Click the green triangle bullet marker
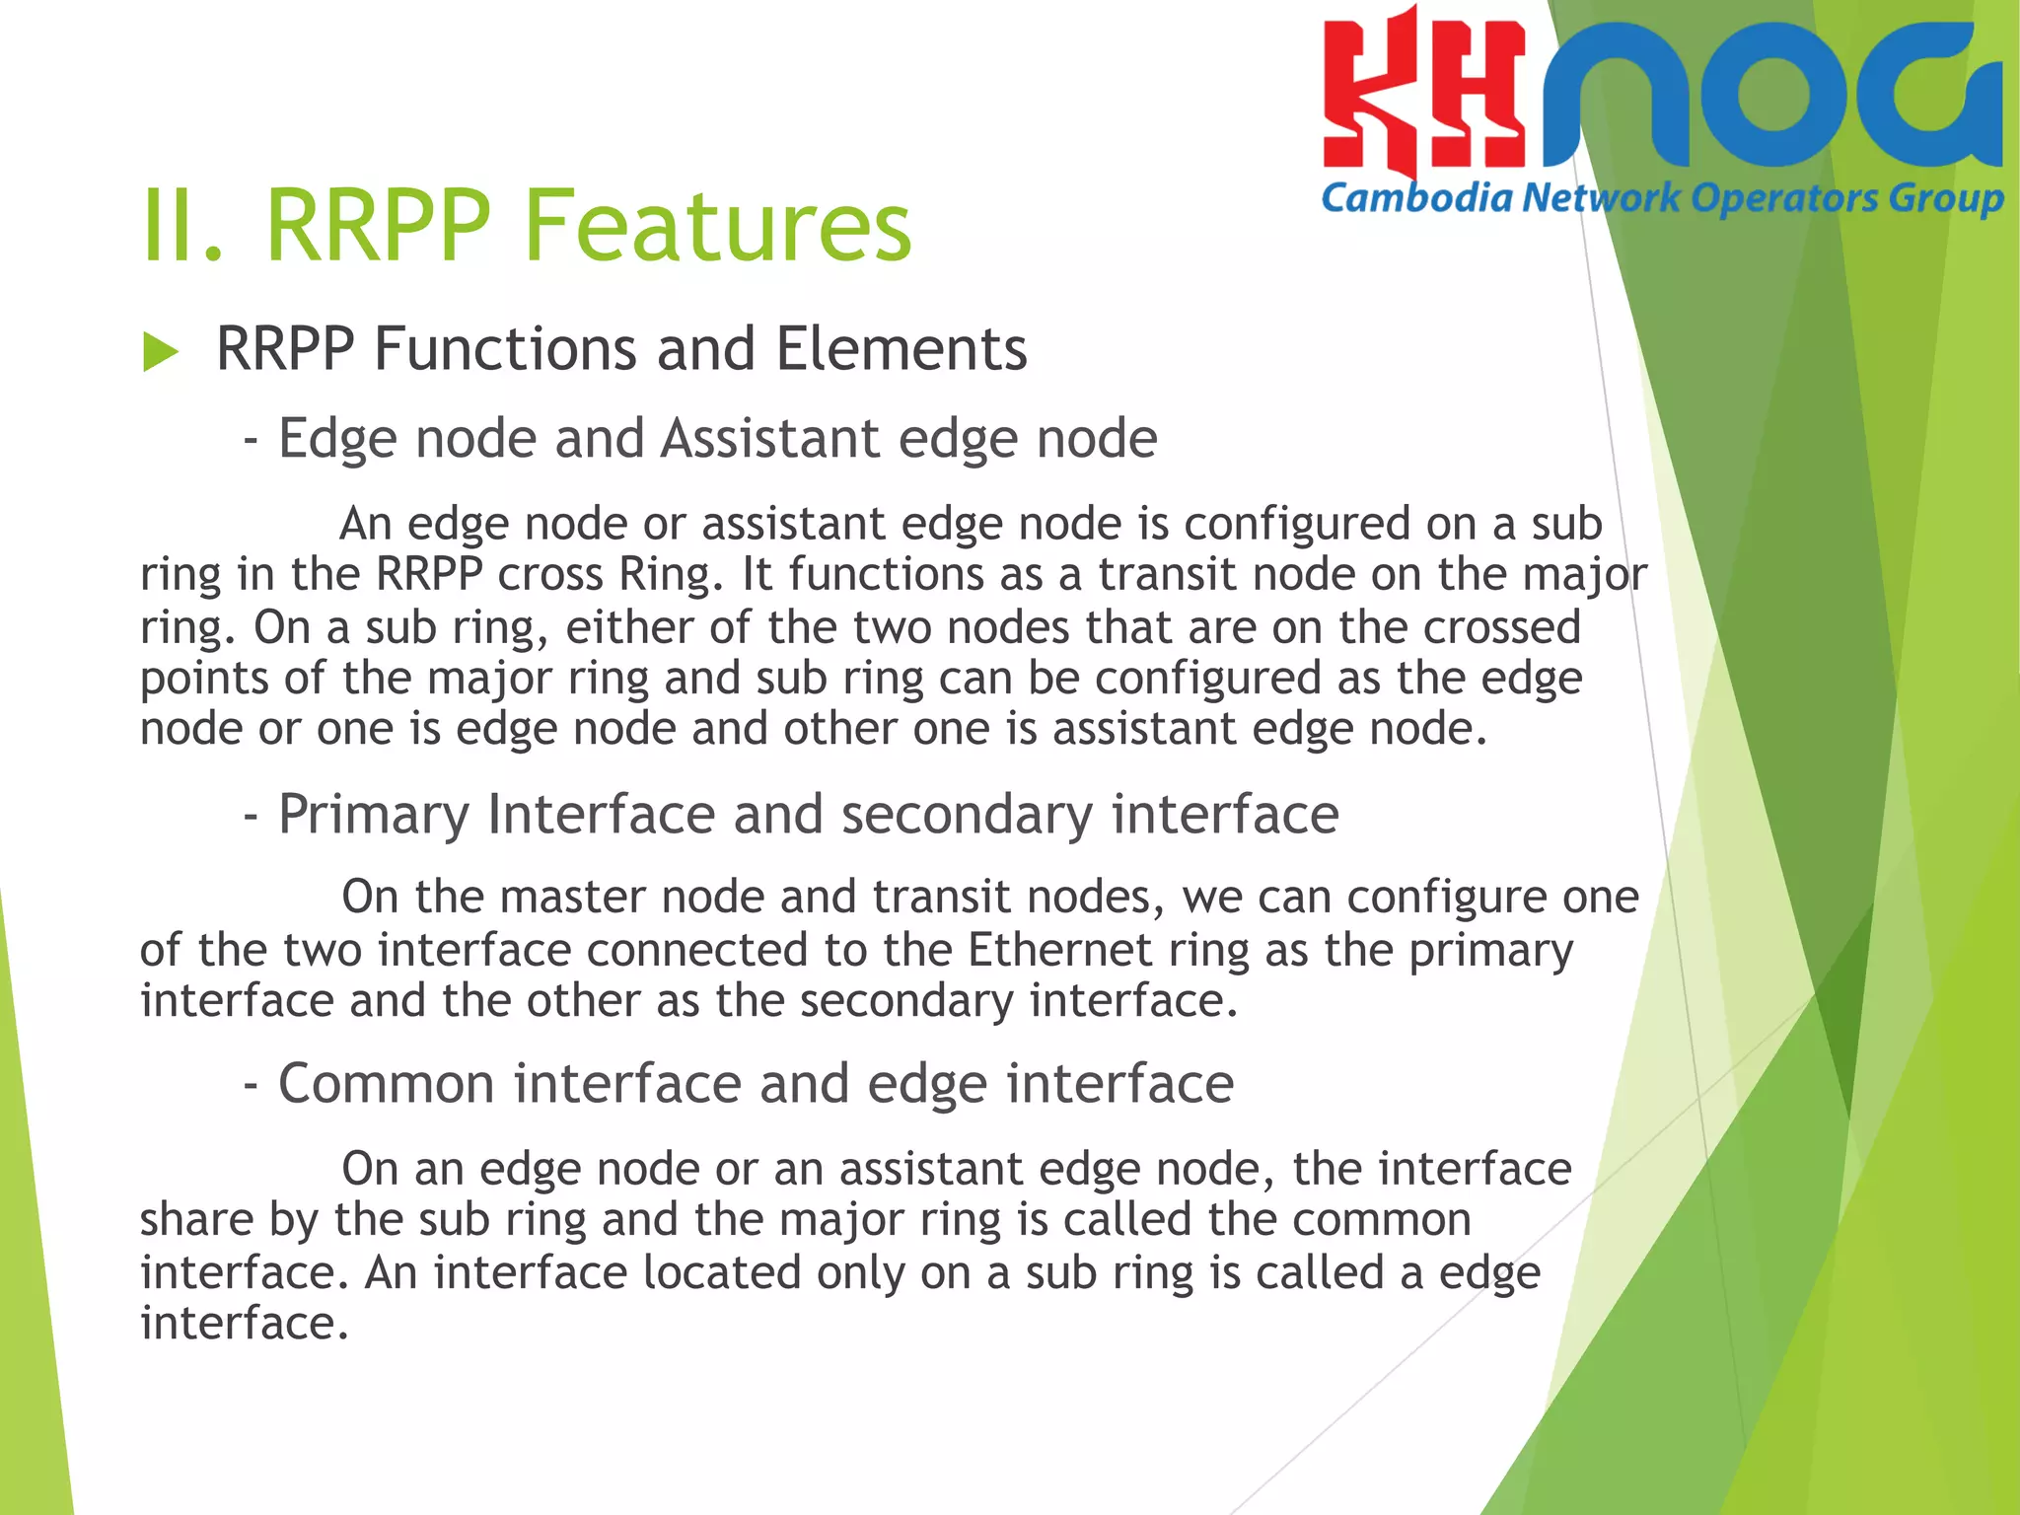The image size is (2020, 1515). click(x=160, y=352)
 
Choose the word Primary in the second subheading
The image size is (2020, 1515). click(x=374, y=815)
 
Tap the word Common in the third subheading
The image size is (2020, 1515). click(x=387, y=1084)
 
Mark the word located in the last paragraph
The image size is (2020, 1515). click(x=721, y=1272)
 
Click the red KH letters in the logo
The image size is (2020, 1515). click(x=1423, y=94)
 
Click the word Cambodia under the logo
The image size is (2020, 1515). click(x=1416, y=198)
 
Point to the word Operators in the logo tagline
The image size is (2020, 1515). click(x=1784, y=199)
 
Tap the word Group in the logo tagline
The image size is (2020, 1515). click(x=1946, y=199)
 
